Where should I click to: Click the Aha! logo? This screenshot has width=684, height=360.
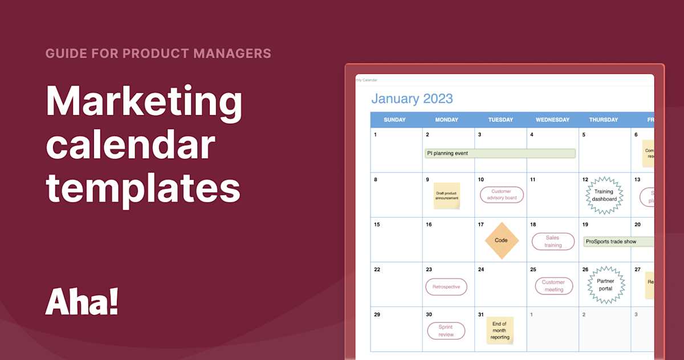82,302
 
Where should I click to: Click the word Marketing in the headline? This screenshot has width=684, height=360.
144,101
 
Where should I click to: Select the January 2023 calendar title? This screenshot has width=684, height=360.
412,99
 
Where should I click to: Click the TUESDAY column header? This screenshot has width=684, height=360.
500,120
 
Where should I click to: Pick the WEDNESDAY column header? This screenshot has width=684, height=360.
552,120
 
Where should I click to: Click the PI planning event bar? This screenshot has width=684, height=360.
500,153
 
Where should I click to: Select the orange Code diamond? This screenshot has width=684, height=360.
501,240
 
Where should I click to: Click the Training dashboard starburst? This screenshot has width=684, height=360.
604,195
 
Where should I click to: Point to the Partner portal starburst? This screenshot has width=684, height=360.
605,285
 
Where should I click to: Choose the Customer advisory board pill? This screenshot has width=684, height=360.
502,195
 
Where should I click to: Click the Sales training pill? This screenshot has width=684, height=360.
553,242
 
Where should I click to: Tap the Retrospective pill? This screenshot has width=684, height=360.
446,287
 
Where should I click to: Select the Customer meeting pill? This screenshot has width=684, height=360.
553,286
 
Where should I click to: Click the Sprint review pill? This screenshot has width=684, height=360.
446,331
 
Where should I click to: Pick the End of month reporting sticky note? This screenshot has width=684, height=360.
500,330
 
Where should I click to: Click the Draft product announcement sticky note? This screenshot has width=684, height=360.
446,195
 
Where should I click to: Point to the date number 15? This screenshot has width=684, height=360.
376,224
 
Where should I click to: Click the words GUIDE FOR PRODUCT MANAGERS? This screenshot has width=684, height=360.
158,54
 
